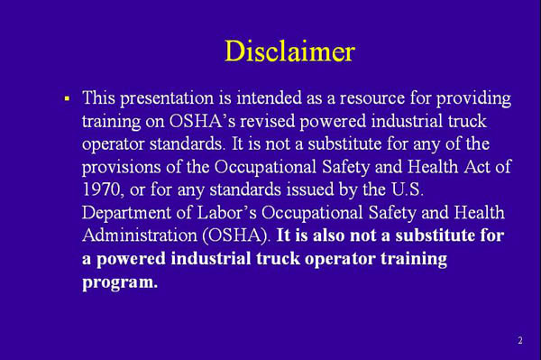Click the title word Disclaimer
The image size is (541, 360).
[x=289, y=51]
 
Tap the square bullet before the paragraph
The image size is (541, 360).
[x=67, y=96]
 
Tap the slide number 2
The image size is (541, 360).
[x=520, y=341]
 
